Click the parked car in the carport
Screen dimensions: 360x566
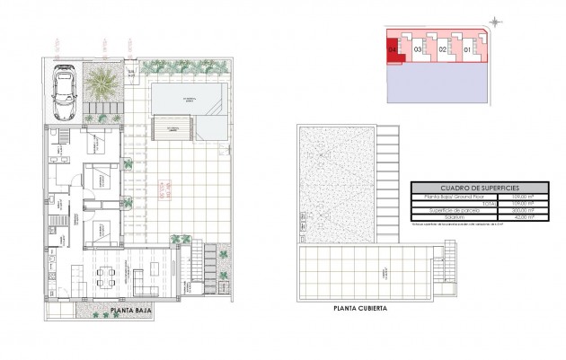pos(64,92)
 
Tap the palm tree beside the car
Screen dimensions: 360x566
pos(103,85)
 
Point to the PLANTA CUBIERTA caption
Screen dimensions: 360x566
pos(360,308)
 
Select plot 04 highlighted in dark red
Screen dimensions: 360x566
pos(393,50)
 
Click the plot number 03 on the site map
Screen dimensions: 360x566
pos(419,50)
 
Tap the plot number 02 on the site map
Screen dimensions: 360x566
pos(442,50)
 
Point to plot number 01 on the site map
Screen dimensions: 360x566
pos(466,50)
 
